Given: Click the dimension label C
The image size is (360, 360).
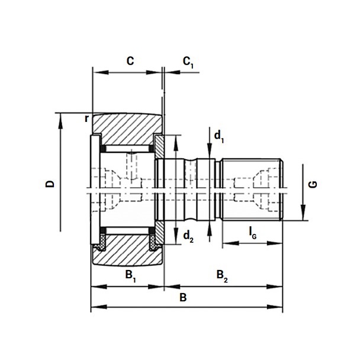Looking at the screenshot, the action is [x=130, y=61].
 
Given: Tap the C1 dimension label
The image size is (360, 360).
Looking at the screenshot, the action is [x=188, y=62].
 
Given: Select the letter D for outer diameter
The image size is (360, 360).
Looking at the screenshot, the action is [x=50, y=184].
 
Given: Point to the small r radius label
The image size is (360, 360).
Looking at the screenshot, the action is [x=86, y=118].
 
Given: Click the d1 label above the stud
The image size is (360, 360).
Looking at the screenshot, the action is [x=219, y=137].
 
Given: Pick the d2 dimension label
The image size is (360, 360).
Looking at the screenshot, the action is [x=188, y=237].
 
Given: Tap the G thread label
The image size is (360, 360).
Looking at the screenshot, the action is [x=313, y=184].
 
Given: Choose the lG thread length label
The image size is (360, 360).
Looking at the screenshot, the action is [x=253, y=233].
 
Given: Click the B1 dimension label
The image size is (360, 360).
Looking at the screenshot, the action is [x=130, y=277].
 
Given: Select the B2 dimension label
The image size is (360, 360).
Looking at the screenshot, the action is [x=222, y=277].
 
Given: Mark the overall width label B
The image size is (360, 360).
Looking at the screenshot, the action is [x=183, y=298].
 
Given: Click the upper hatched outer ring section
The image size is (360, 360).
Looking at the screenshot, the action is [x=128, y=128].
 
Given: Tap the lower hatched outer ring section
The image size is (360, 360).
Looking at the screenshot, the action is [x=128, y=250].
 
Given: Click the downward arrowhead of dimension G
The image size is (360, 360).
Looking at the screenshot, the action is [x=303, y=213].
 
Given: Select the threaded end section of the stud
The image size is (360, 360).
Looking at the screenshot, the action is [x=252, y=189].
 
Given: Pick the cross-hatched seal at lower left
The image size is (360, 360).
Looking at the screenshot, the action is [x=100, y=243].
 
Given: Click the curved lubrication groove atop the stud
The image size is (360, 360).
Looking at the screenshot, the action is [x=190, y=160].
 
